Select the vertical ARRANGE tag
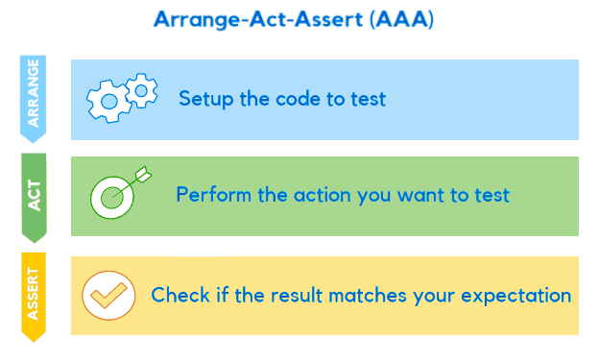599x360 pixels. (34, 97)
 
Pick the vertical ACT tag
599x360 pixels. (34, 196)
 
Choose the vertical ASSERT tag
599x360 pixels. (34, 295)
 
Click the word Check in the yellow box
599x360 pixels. (178, 295)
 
